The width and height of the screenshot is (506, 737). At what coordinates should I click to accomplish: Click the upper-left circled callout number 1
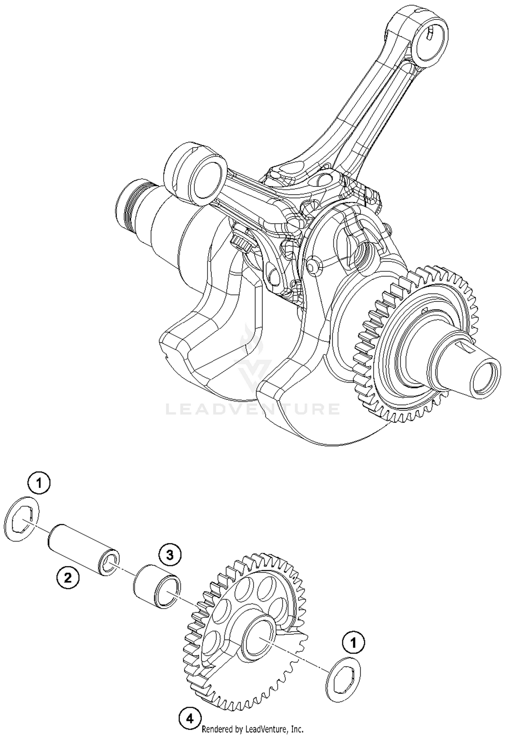pos(39,484)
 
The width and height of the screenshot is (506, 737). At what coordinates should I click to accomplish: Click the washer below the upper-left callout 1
pos(22,519)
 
